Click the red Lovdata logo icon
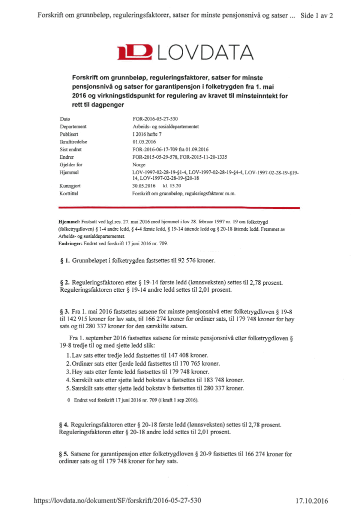coord(134,52)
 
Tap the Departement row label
coord(73,127)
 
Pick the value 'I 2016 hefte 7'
coord(143,134)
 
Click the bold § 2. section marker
coord(64,282)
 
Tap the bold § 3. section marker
coord(64,311)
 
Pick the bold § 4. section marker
coord(64,425)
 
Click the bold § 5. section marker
coord(64,454)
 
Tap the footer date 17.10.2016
coord(312,500)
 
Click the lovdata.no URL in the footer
coord(117,500)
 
